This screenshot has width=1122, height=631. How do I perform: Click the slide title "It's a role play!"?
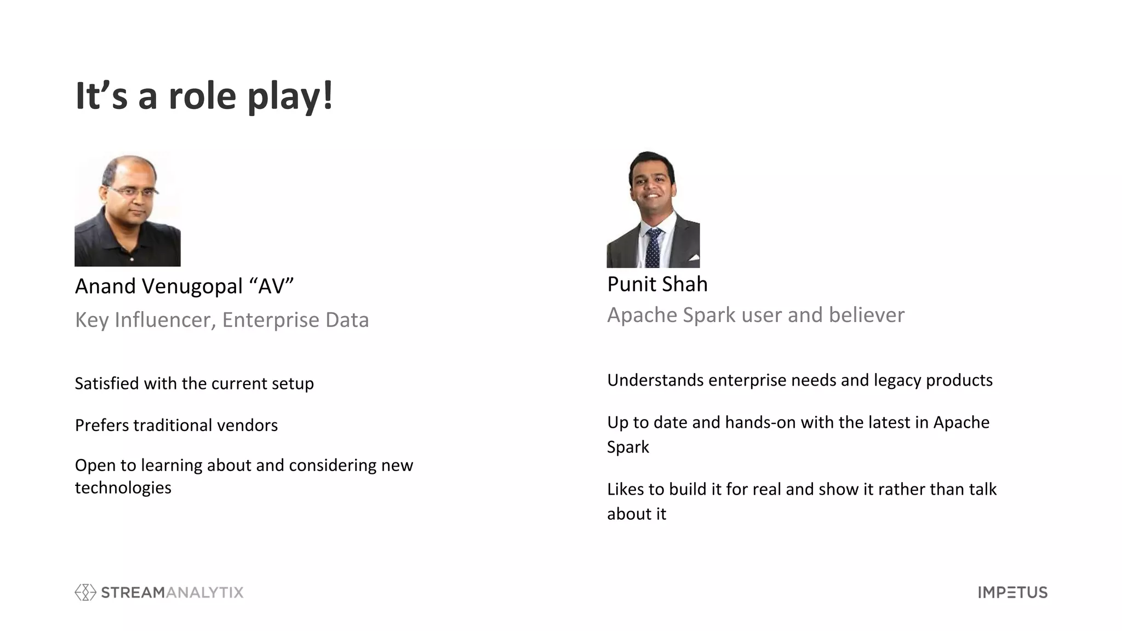204,96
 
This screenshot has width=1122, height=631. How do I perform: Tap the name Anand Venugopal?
158,286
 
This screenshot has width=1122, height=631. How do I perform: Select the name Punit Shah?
657,284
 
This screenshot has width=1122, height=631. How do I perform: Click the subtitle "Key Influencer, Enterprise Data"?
222,320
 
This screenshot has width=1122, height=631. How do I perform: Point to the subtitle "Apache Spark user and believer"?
755,315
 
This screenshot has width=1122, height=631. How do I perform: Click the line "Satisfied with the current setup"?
194,383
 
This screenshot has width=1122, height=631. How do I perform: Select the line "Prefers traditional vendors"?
176,425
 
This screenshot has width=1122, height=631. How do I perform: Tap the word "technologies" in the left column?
123,487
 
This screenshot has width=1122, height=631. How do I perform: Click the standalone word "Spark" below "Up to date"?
628,447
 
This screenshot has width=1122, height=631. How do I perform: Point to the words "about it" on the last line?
636,514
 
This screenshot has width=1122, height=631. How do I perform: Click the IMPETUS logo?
1012,592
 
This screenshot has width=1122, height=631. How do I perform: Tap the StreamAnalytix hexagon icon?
85,592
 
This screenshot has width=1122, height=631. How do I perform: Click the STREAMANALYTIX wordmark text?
172,592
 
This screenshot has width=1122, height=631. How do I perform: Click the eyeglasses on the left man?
133,192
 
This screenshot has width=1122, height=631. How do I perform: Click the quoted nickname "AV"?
272,286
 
